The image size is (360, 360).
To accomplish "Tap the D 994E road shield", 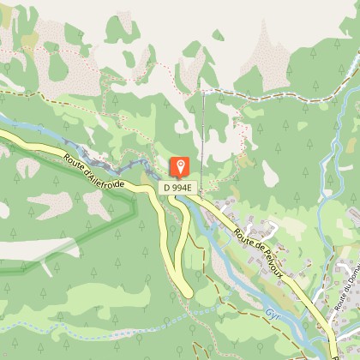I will (179, 187).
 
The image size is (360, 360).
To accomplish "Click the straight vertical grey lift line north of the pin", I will (203, 129).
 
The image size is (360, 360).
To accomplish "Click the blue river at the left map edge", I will (7, 120).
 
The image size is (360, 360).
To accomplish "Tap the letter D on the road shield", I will (169, 187).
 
